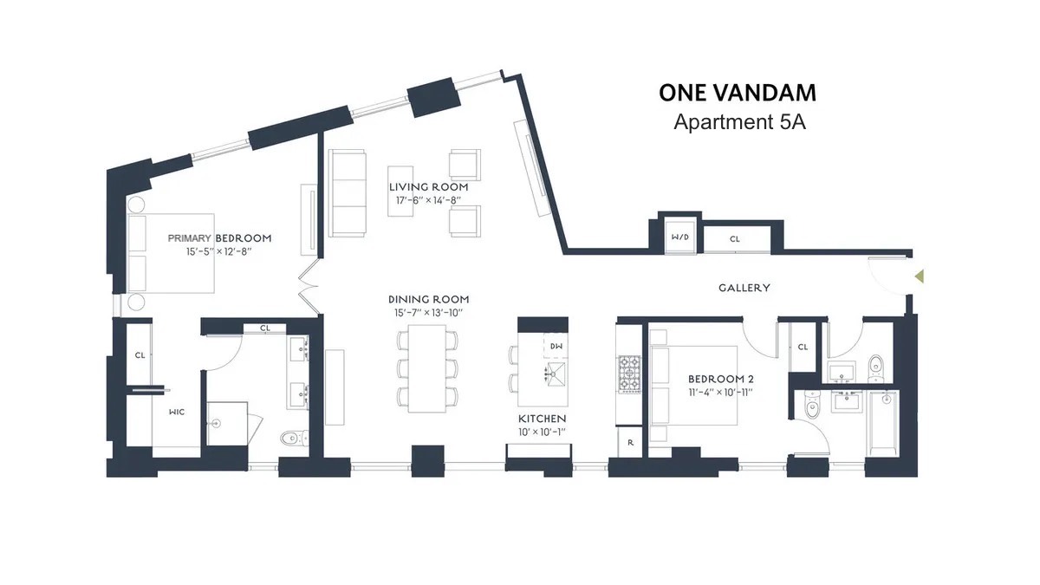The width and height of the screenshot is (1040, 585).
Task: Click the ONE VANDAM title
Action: pos(737,92)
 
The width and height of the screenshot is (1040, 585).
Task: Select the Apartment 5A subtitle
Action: pos(739,122)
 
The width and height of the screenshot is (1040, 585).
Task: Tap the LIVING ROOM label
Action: pos(428,186)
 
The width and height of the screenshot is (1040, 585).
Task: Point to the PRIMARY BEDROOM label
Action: pos(219,237)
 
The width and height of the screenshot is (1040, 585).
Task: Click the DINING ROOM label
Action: pos(428,299)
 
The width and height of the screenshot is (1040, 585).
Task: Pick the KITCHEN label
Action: pos(542,418)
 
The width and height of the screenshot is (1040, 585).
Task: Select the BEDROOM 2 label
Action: pos(717,379)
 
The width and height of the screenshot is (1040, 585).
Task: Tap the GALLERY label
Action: pos(744,288)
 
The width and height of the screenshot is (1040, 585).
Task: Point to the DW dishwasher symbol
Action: pos(556,346)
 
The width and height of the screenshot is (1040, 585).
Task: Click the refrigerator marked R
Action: pos(630,442)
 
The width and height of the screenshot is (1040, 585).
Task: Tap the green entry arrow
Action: pos(920,276)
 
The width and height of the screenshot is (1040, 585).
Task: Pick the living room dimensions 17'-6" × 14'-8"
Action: pos(428,200)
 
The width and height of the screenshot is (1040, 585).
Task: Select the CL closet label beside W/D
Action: pos(734,238)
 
